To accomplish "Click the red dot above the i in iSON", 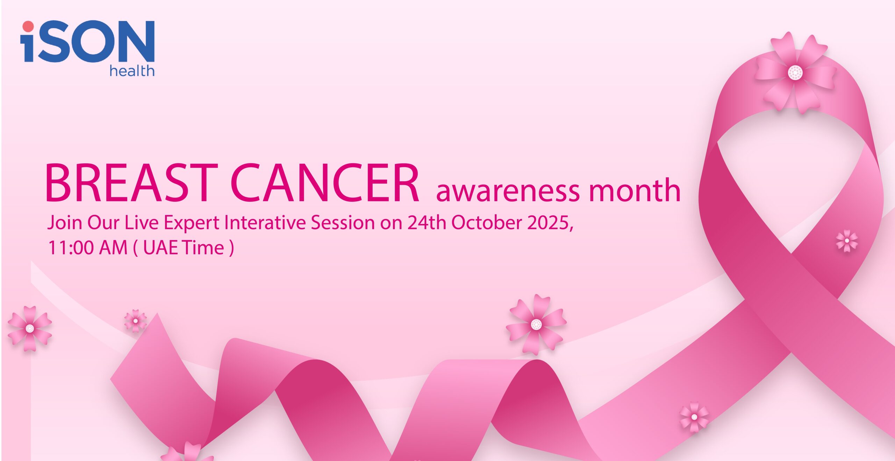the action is point(28,26).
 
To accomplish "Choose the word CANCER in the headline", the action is point(324,183).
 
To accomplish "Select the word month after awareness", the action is point(635,190).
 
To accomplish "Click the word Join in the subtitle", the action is point(65,223).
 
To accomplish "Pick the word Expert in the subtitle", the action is point(192,223).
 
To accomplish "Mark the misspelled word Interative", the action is point(265,222).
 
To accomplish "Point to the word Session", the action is point(343,222).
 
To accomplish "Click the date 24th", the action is point(427,222).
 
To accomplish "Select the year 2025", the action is point(548,222).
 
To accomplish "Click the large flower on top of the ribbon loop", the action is point(795,73).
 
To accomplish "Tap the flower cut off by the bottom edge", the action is point(187,452).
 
